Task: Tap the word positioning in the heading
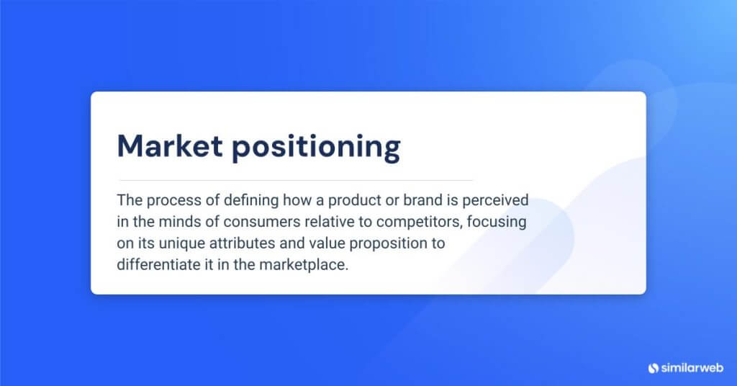pos(316,148)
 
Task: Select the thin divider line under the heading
pos(295,180)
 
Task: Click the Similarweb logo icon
pos(654,367)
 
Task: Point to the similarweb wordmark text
pos(691,367)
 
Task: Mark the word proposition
pos(375,243)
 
